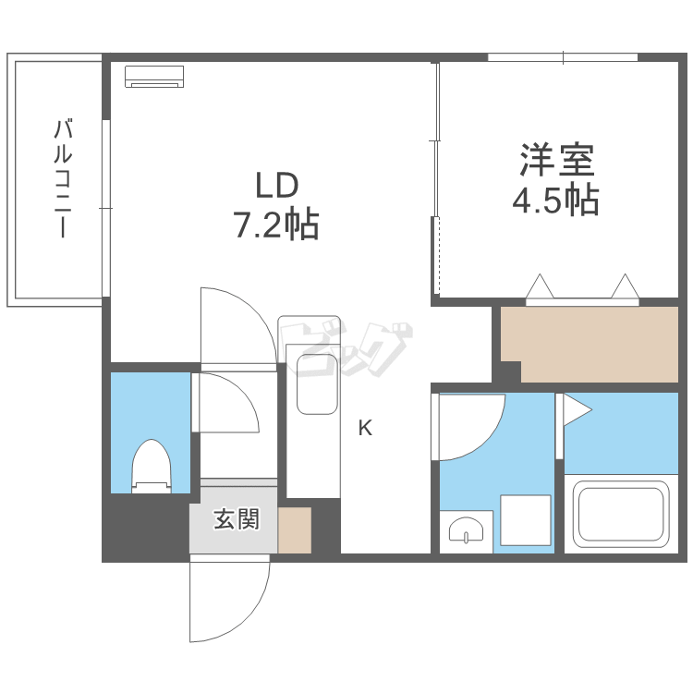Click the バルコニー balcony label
click(62, 178)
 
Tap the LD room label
click(276, 186)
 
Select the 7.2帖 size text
click(276, 225)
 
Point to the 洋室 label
click(556, 161)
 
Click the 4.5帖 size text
click(556, 200)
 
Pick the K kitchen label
click(366, 428)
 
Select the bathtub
click(620, 515)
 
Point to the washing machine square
click(525, 519)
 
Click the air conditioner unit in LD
click(154, 76)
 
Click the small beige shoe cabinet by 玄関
click(295, 530)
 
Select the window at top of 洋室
click(563, 57)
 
